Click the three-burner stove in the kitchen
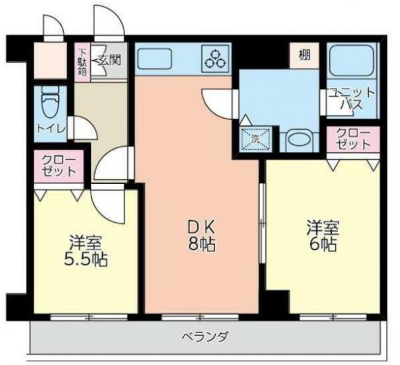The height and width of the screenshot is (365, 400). (x=216, y=59)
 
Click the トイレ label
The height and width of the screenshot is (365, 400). (x=49, y=130)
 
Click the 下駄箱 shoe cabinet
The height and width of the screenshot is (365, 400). (x=82, y=61)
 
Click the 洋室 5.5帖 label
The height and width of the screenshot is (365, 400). (x=86, y=250)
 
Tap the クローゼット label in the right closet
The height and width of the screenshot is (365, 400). (x=353, y=139)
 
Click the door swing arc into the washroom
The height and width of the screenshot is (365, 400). (x=217, y=100)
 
